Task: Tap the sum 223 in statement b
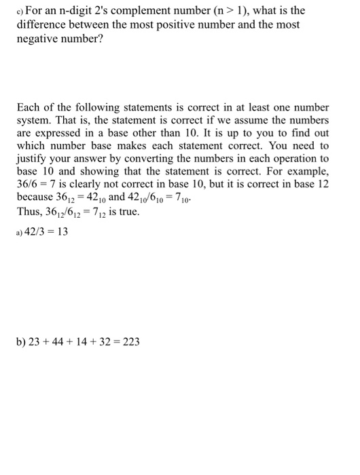coord(131,342)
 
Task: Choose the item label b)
coord(20,342)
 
